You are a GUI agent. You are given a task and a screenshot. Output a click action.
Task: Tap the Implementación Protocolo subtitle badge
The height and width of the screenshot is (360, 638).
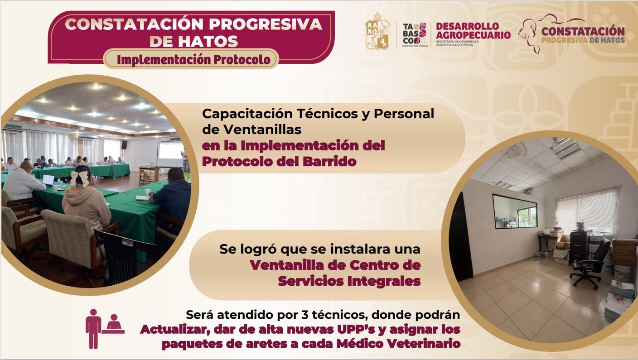(191, 59)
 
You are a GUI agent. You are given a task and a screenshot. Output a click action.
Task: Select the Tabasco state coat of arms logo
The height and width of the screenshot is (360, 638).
(377, 32)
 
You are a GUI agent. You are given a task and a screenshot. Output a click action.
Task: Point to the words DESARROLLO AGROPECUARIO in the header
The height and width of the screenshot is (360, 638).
(473, 30)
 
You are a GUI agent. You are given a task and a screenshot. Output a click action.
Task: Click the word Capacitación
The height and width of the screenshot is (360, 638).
(240, 114)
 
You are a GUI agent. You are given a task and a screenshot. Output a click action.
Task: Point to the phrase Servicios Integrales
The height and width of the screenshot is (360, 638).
(349, 281)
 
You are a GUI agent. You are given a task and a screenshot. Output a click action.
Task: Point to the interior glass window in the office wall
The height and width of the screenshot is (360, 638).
(514, 211)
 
